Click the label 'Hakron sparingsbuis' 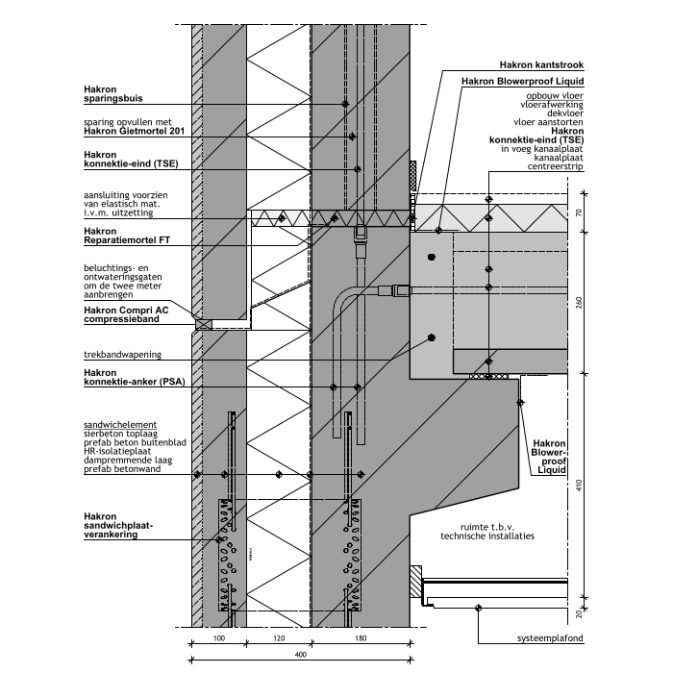click(x=111, y=92)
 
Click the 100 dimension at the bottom click(x=218, y=638)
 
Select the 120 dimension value click(x=279, y=638)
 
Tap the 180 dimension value click(x=361, y=638)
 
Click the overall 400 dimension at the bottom click(x=301, y=655)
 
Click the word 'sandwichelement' click(x=120, y=424)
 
